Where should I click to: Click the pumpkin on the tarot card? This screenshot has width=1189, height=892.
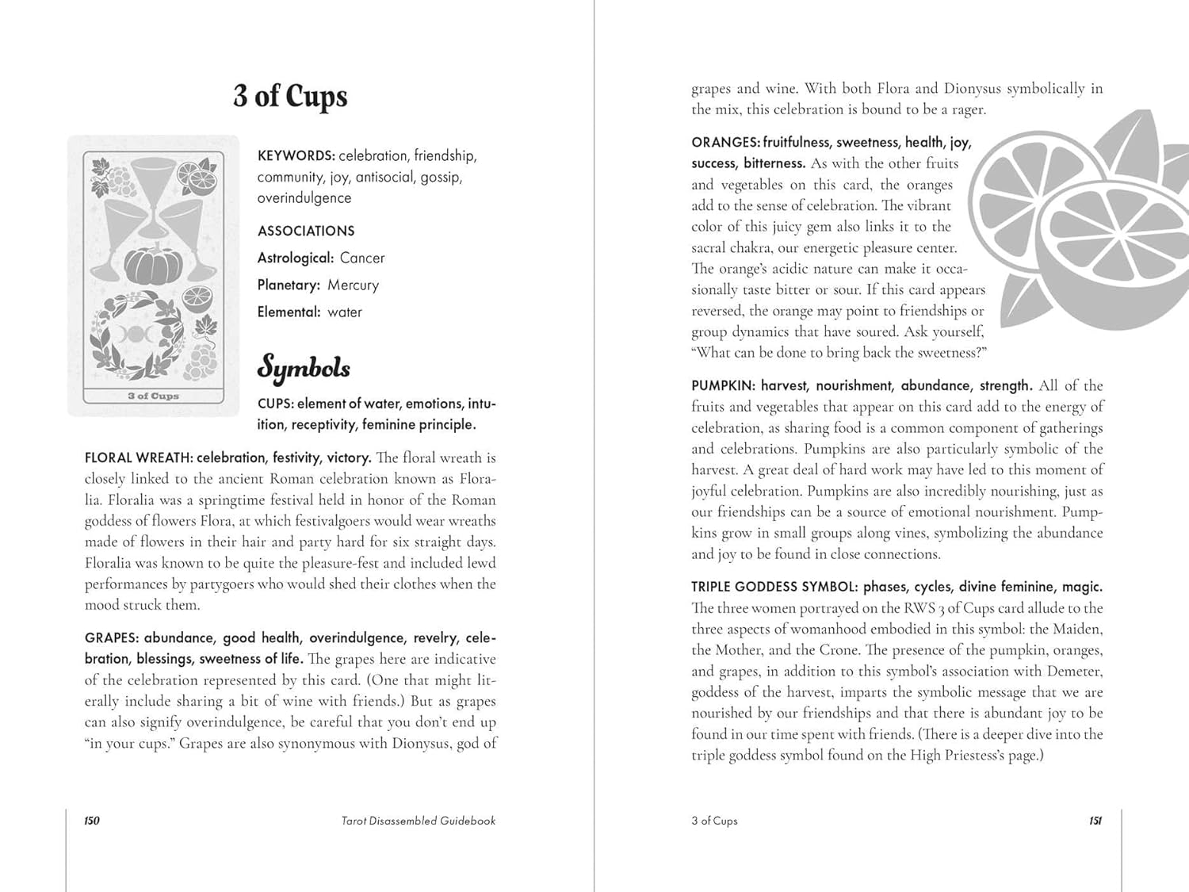[x=154, y=266]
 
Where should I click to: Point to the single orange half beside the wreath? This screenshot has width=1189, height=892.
[x=197, y=299]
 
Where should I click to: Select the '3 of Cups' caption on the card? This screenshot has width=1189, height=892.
[x=153, y=396]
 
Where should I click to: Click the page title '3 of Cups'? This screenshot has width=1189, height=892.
[x=290, y=96]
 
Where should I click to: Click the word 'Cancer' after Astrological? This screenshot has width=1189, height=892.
[x=362, y=258]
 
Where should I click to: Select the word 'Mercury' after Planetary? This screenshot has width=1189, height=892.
[x=353, y=285]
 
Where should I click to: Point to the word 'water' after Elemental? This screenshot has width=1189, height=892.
[x=345, y=312]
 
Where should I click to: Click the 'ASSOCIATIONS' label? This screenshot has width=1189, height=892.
[x=306, y=232]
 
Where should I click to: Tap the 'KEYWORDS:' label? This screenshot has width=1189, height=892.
[x=296, y=156]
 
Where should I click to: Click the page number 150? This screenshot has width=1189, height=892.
[x=92, y=821]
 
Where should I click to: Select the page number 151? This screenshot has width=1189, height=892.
[x=1095, y=821]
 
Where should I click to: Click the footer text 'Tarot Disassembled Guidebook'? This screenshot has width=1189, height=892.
[x=419, y=821]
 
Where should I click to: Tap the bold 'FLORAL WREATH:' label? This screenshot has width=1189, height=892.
[x=138, y=458]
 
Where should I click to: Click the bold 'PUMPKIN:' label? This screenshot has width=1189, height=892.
[x=724, y=386]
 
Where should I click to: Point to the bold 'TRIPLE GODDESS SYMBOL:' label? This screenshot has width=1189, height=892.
[x=774, y=588]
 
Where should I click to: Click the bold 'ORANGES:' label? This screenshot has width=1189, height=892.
[x=725, y=143]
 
